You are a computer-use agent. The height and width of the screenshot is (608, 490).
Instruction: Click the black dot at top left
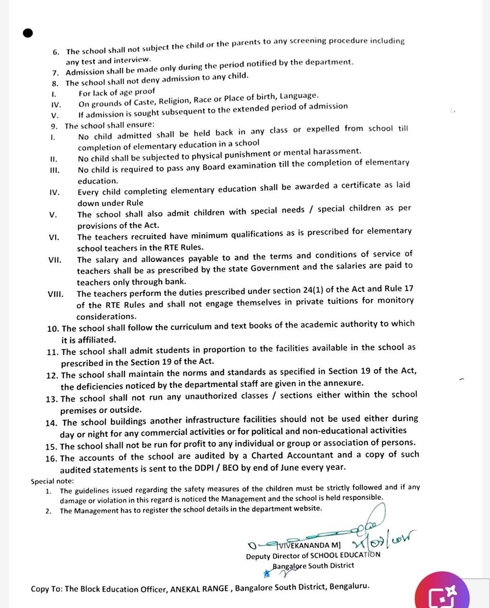(x=28, y=33)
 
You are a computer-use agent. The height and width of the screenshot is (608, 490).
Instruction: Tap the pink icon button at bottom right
(x=442, y=591)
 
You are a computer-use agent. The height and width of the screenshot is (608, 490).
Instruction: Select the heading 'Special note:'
(x=52, y=481)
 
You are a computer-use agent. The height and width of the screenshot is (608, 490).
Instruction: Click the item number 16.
(x=52, y=458)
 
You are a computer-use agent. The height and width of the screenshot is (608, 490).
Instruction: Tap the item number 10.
(x=53, y=329)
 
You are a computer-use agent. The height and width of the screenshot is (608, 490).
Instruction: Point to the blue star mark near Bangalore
(x=267, y=573)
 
